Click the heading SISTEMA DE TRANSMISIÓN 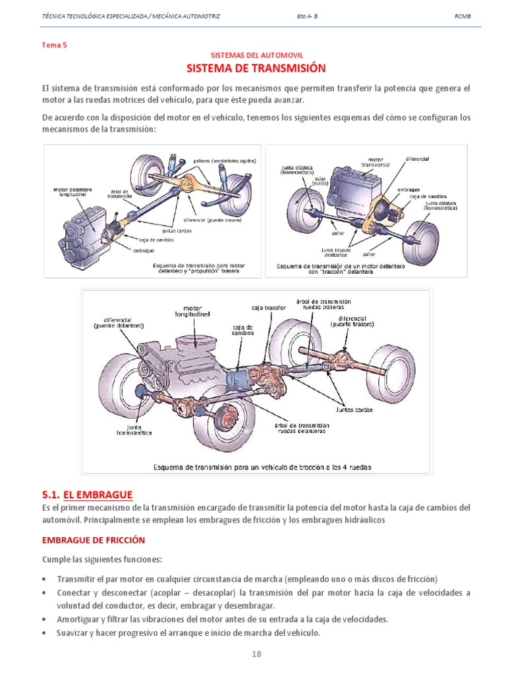tap(256, 68)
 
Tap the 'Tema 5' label tap(55, 45)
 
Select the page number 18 tap(256, 654)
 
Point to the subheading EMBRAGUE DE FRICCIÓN tap(93, 540)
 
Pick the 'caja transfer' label tap(266, 307)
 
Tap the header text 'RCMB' tap(463, 15)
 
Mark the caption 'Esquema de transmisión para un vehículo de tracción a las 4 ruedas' tap(262, 467)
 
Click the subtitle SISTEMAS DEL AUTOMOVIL tap(256, 56)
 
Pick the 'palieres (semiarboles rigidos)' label tap(224, 161)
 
